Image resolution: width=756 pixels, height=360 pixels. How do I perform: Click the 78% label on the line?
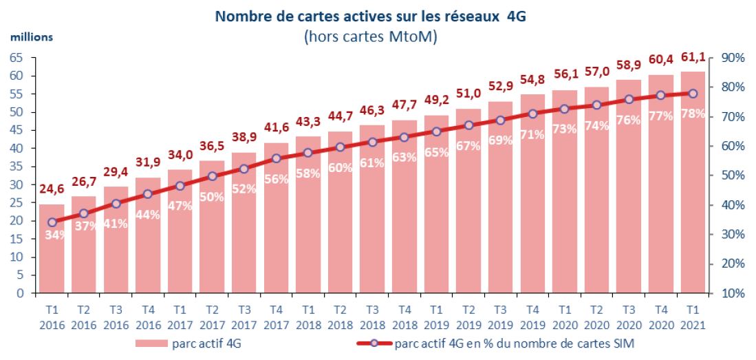tap(693, 114)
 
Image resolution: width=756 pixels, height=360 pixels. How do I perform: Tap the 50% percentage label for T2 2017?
tap(212, 196)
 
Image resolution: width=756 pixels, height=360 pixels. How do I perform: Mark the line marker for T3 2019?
tap(500, 120)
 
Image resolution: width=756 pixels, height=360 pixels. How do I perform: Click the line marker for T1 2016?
tap(52, 222)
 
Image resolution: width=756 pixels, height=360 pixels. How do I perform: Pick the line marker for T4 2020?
tap(660, 96)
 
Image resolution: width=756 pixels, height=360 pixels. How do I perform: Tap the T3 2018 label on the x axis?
tap(371, 315)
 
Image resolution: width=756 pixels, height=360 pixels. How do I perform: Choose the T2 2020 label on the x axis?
tap(596, 315)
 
